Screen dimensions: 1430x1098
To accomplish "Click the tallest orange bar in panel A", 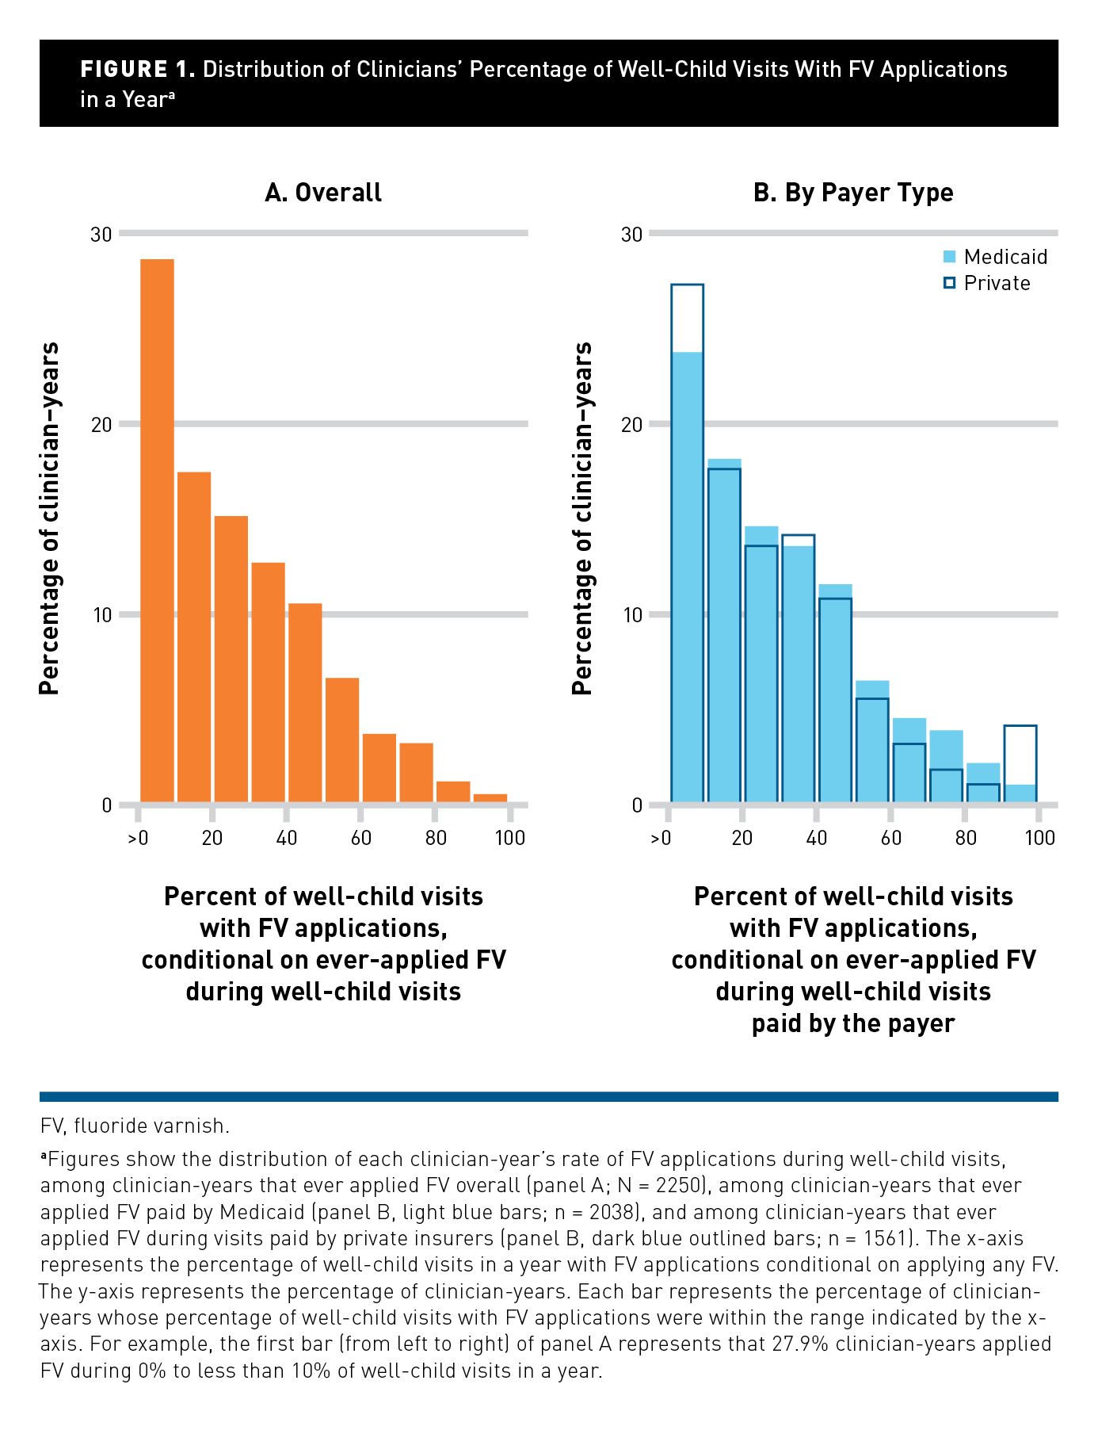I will pos(157,531).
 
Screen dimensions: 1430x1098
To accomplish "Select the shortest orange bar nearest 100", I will pos(490,799).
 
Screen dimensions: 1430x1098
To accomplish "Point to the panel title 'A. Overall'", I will pos(323,193).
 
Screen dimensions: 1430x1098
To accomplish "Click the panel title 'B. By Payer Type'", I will pos(852,193).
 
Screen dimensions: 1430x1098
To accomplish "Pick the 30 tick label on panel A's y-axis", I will pos(101,234).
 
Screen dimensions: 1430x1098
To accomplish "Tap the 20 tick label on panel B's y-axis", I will pos(631,424).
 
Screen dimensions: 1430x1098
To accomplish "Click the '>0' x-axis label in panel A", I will pos(138,838).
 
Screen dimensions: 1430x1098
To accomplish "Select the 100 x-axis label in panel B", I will pos(1039,838).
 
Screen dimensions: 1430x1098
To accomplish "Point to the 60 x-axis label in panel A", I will pos(361,838).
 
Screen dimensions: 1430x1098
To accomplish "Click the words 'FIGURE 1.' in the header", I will pos(137,70).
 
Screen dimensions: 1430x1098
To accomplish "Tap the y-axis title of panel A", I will pos(49,518).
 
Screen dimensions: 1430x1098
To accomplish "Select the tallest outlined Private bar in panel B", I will pos(687,543).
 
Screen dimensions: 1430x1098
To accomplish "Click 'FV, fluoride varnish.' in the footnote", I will pos(135,1126).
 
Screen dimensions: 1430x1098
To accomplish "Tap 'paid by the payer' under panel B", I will pos(853,1023).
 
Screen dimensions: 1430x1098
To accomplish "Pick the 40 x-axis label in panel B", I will pos(816,838).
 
